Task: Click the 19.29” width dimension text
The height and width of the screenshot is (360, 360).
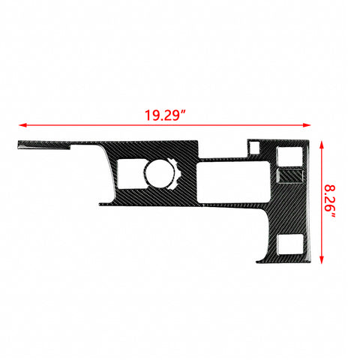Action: (165, 115)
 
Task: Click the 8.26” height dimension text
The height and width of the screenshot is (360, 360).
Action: (329, 202)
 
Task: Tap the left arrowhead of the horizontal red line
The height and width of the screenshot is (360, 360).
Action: (22, 125)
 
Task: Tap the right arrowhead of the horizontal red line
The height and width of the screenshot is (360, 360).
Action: (307, 125)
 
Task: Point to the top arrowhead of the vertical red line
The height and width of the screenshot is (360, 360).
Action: (322, 145)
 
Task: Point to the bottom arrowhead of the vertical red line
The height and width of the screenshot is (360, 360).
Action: (322, 259)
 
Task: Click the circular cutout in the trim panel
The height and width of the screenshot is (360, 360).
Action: (160, 173)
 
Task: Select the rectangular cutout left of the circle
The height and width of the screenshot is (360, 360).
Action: (130, 174)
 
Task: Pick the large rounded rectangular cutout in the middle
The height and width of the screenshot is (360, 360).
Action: (233, 182)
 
